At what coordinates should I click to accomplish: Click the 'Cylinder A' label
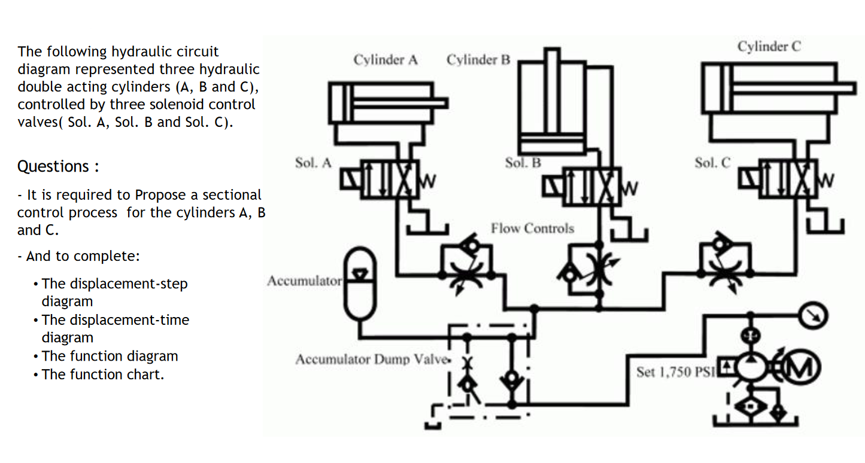[x=385, y=60]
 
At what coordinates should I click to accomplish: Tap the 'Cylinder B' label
[x=478, y=60]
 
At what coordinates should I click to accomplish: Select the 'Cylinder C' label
[x=769, y=47]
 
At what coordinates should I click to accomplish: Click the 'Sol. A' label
[x=312, y=163]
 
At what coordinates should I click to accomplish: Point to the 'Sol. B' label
[x=523, y=163]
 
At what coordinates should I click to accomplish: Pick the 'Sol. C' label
[x=712, y=163]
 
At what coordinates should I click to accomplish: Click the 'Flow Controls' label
[x=532, y=229]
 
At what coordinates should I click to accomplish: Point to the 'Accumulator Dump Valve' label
[x=371, y=360]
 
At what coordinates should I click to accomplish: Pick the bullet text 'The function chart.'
[x=102, y=374]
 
